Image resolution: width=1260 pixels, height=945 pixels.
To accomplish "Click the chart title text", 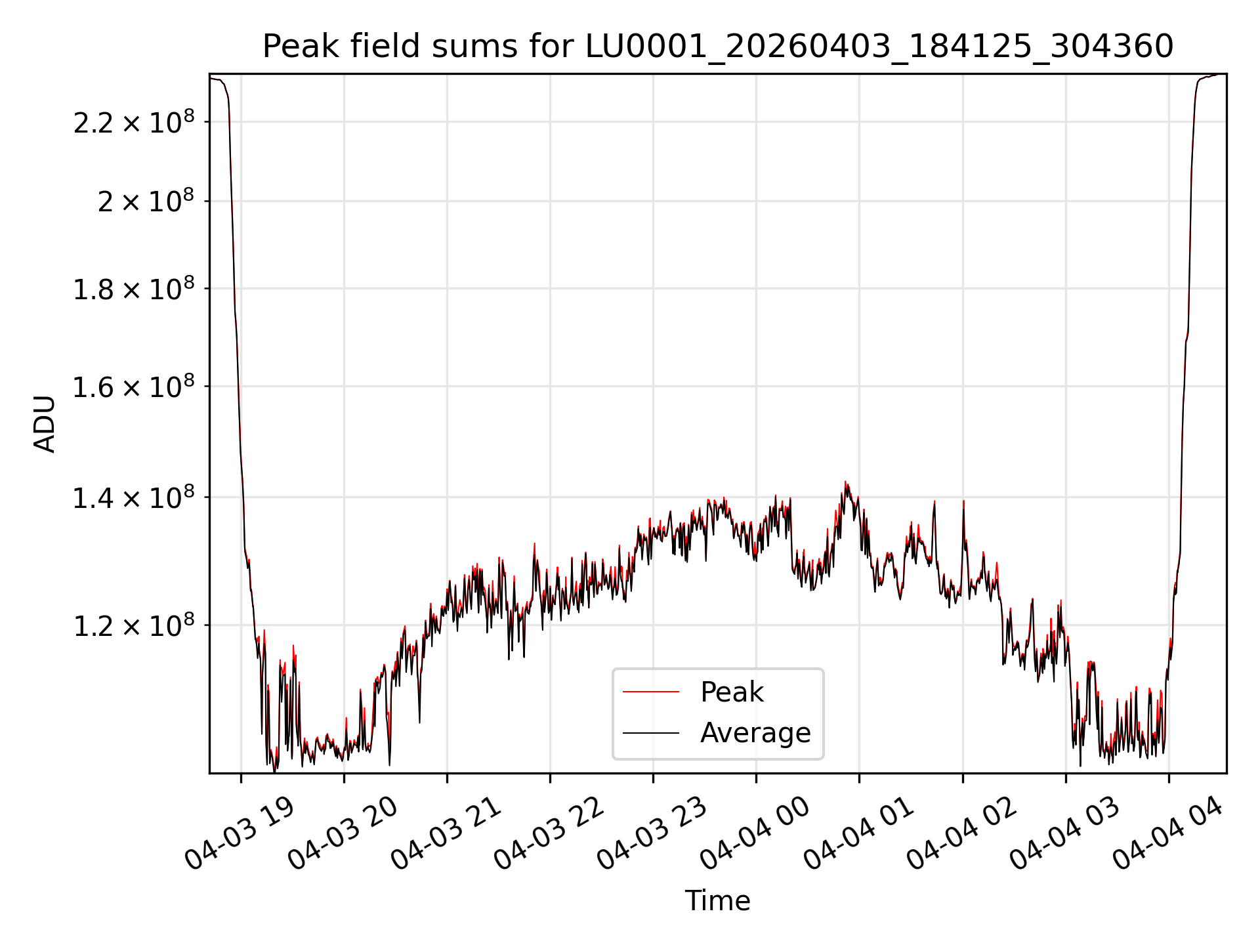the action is click(718, 47).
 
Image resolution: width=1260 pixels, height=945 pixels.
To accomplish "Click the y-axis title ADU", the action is click(45, 423).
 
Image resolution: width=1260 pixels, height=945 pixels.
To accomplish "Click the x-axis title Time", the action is click(717, 900).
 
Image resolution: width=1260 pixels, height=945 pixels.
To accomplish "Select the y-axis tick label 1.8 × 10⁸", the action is click(134, 288).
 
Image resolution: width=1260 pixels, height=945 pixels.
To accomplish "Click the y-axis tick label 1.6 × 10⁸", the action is click(134, 386).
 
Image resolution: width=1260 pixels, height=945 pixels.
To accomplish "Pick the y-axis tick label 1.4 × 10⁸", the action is click(134, 497).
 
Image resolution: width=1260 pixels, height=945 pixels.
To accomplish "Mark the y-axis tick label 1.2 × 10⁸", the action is click(134, 625).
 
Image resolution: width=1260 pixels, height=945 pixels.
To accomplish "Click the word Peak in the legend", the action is click(732, 692).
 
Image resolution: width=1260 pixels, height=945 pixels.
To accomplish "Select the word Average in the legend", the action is click(755, 733).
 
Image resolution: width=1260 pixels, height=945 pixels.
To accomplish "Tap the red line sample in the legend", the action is click(650, 692).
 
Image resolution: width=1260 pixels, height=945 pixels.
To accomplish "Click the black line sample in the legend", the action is click(650, 732).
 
